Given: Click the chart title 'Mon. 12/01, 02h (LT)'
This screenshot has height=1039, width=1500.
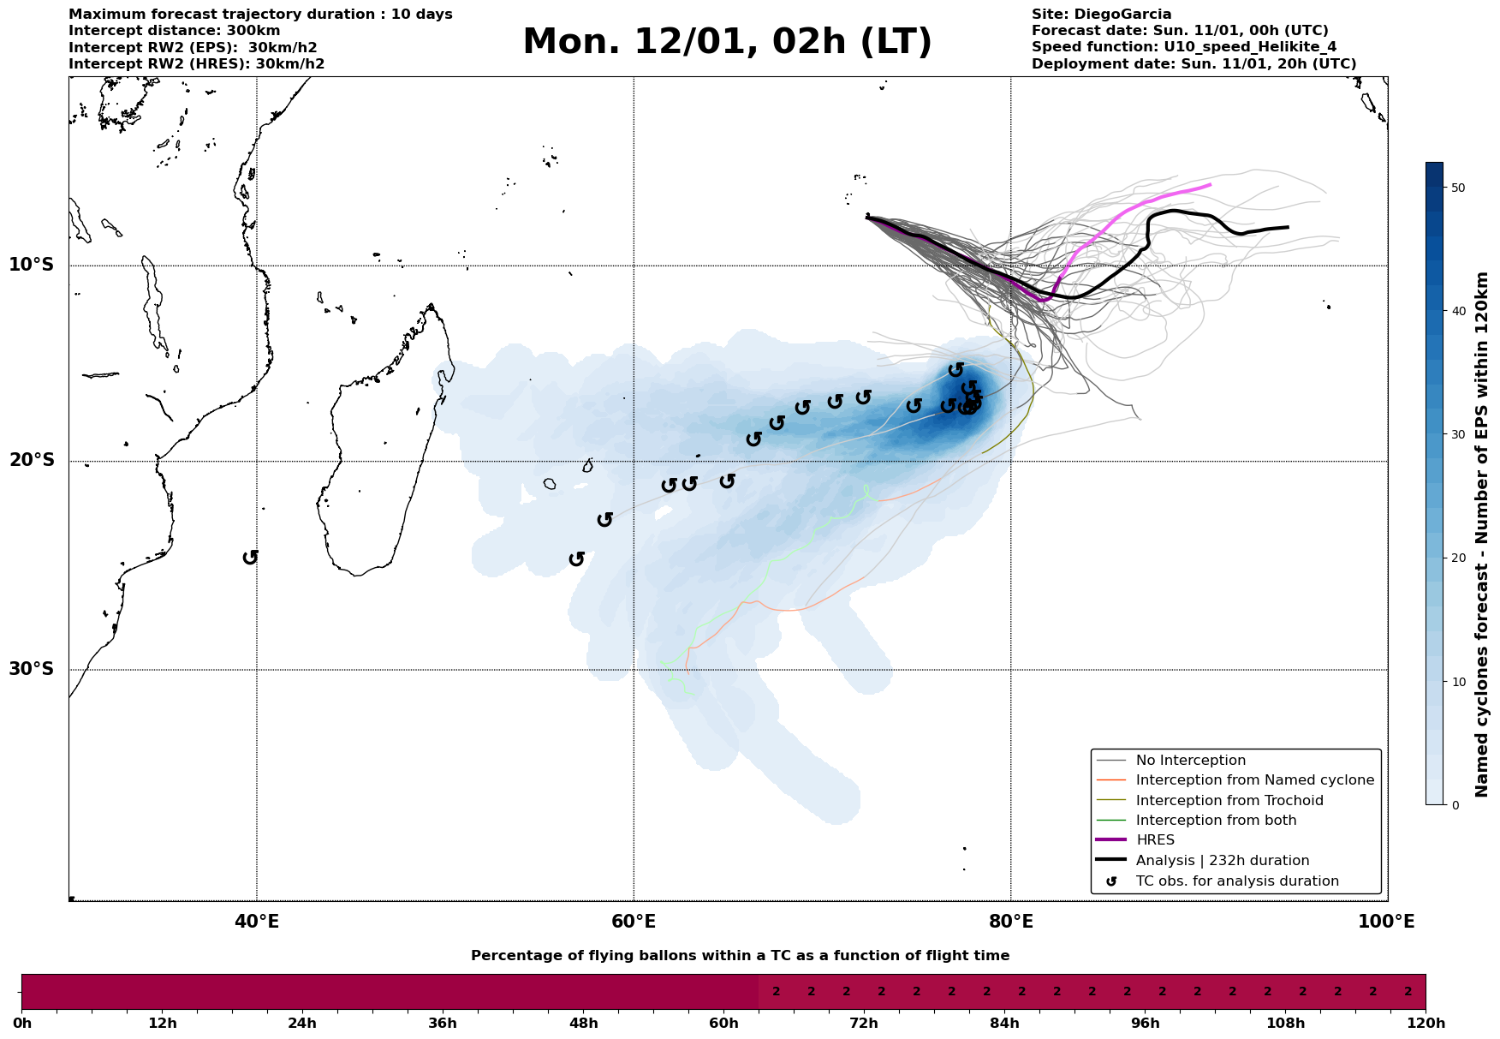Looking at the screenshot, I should [727, 42].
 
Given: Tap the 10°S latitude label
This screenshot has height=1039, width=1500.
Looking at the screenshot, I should [32, 265].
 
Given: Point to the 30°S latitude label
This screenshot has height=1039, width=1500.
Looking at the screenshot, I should [32, 669].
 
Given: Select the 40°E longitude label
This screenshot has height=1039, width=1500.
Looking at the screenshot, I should [257, 922].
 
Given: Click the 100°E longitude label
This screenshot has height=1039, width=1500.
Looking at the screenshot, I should [1387, 922].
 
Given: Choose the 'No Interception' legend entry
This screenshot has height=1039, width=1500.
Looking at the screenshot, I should [1190, 761].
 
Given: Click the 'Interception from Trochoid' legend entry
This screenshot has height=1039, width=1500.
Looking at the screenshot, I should [1229, 801].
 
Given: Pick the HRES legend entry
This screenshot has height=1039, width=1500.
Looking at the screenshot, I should [1155, 840].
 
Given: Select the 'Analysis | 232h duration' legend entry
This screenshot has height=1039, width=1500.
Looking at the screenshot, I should [1222, 861].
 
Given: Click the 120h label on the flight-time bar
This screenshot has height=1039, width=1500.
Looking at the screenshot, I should [1426, 1024].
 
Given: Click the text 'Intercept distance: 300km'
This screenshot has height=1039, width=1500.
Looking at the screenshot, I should [175, 31].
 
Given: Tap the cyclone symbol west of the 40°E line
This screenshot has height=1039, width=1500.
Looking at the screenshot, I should [250, 558].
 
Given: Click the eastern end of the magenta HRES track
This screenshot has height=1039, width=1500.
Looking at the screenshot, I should [1210, 185].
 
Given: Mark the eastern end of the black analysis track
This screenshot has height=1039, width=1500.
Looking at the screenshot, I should [1288, 227].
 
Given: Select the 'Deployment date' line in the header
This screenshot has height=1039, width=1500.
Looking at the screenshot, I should [1193, 64].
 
